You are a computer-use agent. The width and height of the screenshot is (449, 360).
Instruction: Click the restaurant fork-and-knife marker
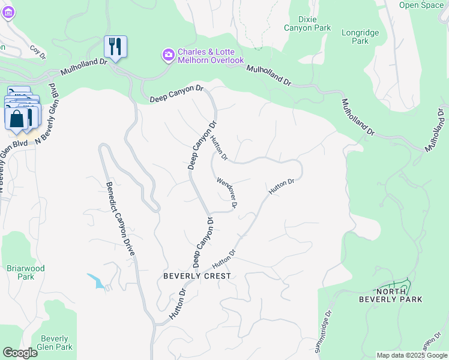click(x=115, y=46)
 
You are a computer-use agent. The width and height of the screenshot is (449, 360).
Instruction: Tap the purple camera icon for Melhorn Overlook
click(x=169, y=55)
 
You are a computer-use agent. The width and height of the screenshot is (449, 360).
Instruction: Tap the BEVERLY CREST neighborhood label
click(x=197, y=276)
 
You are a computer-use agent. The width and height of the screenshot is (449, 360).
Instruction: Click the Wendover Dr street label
click(x=227, y=193)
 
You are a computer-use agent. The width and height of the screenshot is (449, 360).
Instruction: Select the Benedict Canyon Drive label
click(x=119, y=219)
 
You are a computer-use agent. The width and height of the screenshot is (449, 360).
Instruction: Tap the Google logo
click(x=19, y=353)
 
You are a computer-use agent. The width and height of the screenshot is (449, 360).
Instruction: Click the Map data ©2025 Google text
click(x=411, y=355)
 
